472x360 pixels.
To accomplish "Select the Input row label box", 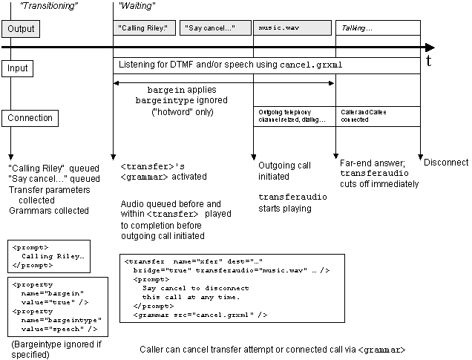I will point(19,68).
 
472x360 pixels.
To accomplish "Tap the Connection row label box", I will point(30,117).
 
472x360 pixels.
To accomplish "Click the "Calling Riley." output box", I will point(143,29).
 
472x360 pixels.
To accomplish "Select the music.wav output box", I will point(292,29).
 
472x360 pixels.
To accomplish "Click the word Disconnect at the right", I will point(447,163).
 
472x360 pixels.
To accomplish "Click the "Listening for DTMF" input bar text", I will point(231,65).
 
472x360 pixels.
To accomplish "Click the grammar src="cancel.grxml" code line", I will point(200,315).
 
